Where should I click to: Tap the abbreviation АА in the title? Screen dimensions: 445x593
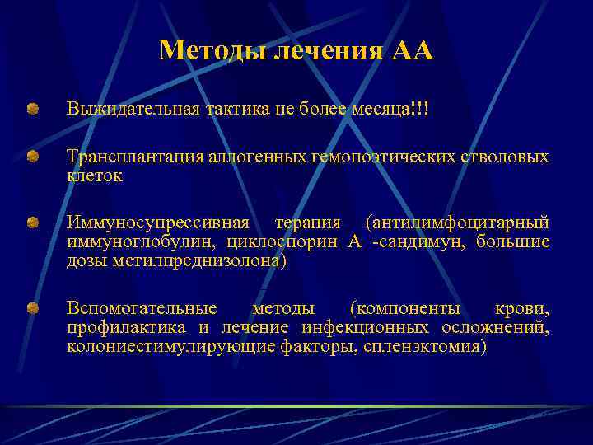click(413, 51)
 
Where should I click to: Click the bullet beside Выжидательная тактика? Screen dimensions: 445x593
click(31, 109)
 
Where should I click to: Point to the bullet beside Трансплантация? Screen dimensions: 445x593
click(31, 156)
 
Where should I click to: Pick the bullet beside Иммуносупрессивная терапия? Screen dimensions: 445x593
click(31, 223)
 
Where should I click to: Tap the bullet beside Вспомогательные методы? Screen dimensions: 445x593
click(31, 309)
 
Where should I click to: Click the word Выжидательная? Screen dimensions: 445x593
click(132, 110)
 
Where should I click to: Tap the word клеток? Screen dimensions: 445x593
click(95, 176)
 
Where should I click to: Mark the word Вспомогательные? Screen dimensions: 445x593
click(142, 309)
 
